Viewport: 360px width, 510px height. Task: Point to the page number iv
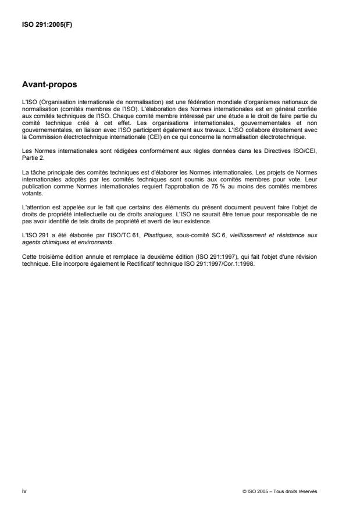click(24, 491)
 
